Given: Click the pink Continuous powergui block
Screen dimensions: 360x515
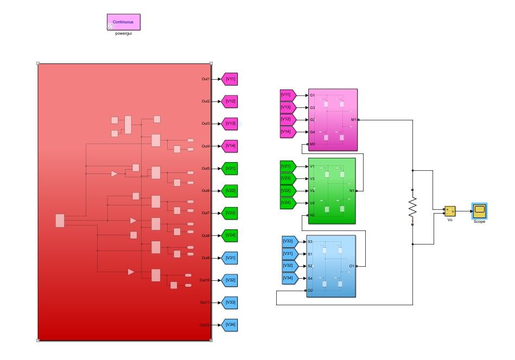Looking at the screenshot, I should [x=123, y=22].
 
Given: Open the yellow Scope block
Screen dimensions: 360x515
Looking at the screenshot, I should [x=479, y=210].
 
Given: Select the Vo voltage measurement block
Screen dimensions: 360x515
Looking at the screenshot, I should [x=450, y=211].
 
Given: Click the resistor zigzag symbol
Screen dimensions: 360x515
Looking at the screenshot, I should [x=412, y=207].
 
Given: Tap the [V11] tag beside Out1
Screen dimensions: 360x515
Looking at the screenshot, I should [x=231, y=79].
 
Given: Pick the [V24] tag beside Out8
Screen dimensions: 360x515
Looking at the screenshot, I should [x=231, y=236].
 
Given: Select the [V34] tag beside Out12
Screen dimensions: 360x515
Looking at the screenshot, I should [x=231, y=325].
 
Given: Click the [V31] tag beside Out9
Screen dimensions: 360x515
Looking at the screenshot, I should [x=231, y=258].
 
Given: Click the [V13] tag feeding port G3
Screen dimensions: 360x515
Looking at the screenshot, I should [x=287, y=107].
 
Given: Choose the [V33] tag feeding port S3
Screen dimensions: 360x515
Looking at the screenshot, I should [x=288, y=241].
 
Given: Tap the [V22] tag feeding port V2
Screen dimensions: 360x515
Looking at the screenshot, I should [x=287, y=191].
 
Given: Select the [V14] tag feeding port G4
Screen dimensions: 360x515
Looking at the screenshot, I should [x=287, y=132].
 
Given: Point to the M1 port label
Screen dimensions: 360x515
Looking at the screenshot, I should [x=353, y=119].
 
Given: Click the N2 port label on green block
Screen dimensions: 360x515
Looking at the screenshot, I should [x=312, y=216].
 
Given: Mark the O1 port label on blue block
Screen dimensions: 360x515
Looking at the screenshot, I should [x=352, y=266].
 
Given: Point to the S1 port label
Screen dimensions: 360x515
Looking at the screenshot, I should [x=310, y=254].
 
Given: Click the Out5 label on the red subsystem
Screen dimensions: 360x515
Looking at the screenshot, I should [x=206, y=169].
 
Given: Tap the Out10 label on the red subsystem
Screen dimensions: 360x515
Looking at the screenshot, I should [x=204, y=280].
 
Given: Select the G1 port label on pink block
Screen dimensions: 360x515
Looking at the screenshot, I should [x=312, y=95].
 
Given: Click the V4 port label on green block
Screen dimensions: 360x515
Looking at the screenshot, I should [x=312, y=203].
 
